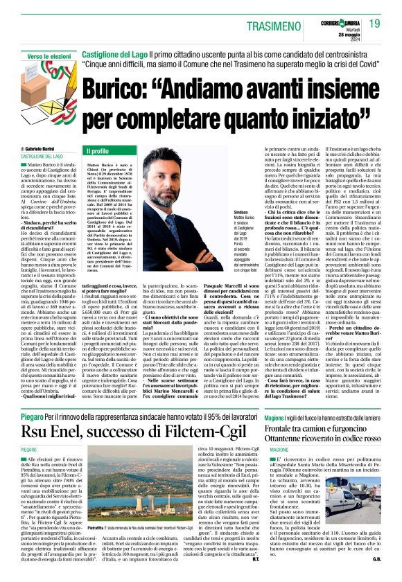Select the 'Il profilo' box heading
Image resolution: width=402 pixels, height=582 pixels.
coord(98,150)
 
